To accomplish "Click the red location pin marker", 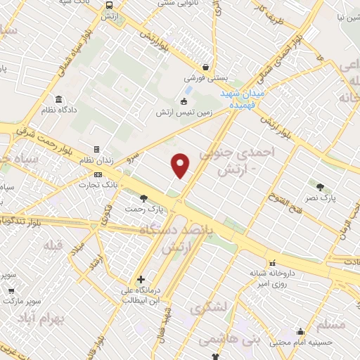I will pos(181,165).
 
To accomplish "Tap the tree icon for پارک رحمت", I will pos(144,198).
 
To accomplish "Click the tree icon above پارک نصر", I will pos(321,187).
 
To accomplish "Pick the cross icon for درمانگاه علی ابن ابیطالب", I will pos(142,279).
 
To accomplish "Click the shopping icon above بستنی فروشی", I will pos(205,67).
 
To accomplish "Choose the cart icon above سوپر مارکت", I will pos(11,289).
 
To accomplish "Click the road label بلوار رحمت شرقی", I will pos(42,136).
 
